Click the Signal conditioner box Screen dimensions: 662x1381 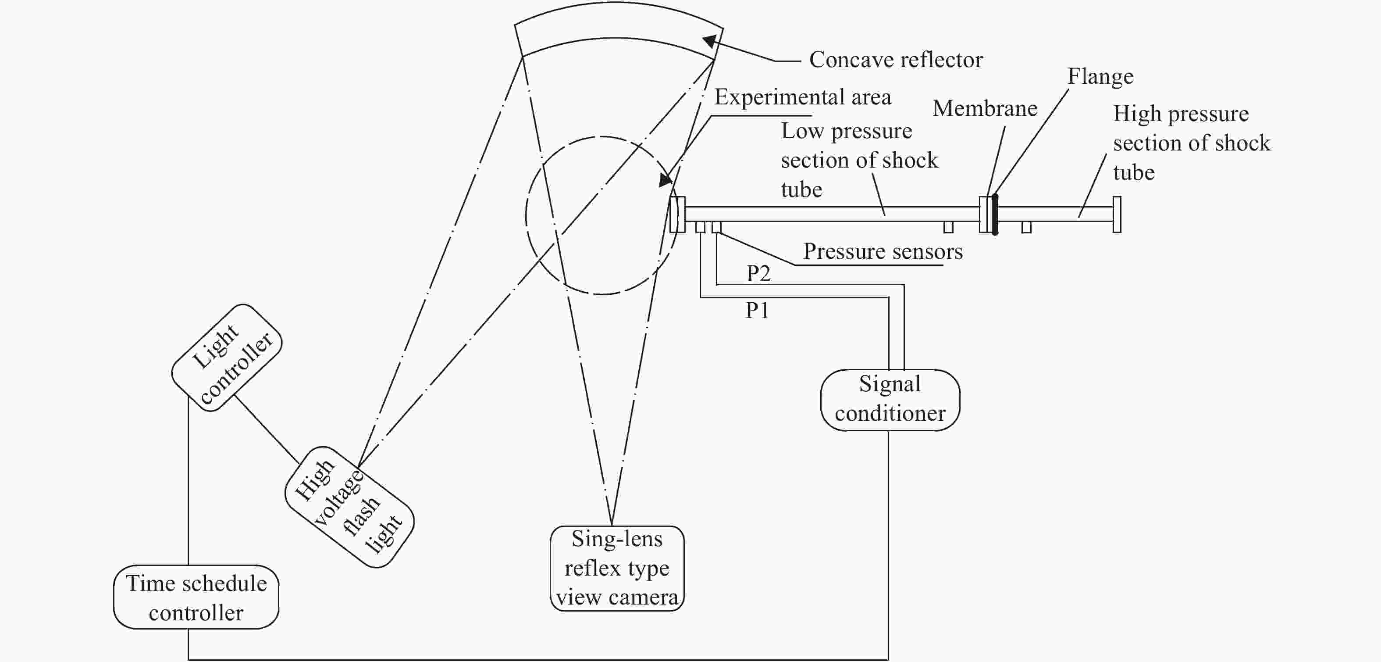[x=890, y=400]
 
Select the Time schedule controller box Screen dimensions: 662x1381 [x=196, y=597]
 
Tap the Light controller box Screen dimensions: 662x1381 [x=227, y=358]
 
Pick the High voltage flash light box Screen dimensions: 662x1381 [x=349, y=507]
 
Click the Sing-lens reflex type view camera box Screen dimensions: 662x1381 [x=617, y=568]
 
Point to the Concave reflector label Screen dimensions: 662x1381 [x=896, y=60]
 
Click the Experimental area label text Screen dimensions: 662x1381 [x=803, y=97]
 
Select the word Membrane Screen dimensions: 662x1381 [x=985, y=108]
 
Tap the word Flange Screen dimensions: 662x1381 [x=1100, y=76]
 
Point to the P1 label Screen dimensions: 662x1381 [x=757, y=311]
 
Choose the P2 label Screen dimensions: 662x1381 [x=758, y=274]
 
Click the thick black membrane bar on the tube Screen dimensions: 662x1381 [x=995, y=215]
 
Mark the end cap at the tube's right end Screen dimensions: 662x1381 [x=1117, y=215]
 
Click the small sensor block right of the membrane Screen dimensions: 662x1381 [x=1026, y=227]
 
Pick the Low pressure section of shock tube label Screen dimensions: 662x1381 [x=859, y=160]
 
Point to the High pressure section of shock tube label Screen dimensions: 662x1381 [x=1191, y=143]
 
